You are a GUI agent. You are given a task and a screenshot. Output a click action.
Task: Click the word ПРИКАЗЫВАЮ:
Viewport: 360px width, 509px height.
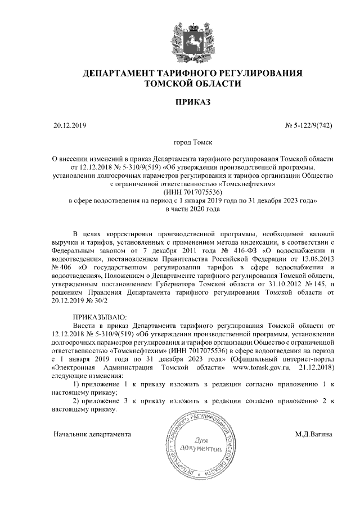tap(100, 317)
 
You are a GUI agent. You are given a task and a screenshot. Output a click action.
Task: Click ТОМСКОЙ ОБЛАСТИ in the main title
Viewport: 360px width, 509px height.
tap(193, 84)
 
